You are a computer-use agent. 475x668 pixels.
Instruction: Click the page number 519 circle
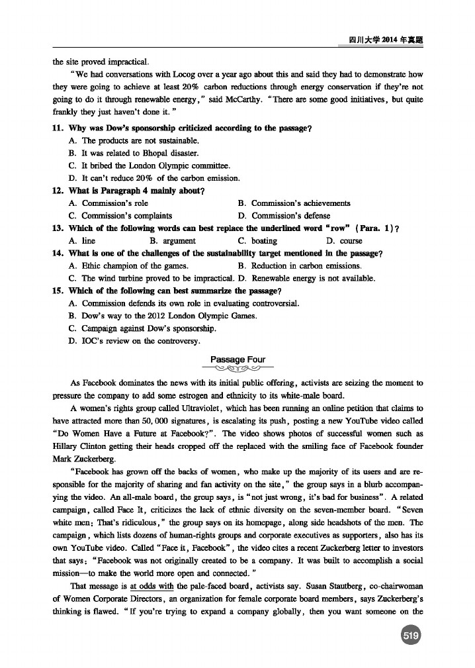click(x=411, y=636)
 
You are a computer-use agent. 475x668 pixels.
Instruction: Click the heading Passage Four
click(x=237, y=360)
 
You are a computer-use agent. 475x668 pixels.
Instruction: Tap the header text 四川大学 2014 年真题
click(x=385, y=40)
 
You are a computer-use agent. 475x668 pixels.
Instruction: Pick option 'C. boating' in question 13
click(x=257, y=241)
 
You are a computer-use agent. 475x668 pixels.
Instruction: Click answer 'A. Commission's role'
click(x=108, y=203)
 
